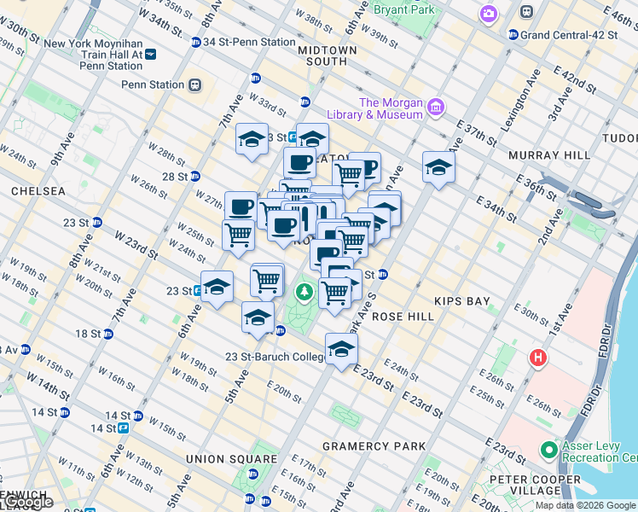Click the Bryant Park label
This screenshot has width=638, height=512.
(404, 10)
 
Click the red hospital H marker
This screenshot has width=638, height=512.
(538, 357)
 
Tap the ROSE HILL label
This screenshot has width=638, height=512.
(403, 316)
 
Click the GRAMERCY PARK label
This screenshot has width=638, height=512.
(374, 446)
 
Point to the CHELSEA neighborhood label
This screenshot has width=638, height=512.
(38, 192)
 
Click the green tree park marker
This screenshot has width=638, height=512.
(304, 294)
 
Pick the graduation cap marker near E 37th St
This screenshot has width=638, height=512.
(438, 168)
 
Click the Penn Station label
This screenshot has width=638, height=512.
(154, 84)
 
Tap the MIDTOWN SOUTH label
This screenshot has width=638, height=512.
(328, 55)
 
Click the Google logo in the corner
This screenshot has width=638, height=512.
(27, 503)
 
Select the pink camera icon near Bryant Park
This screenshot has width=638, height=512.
(489, 13)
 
